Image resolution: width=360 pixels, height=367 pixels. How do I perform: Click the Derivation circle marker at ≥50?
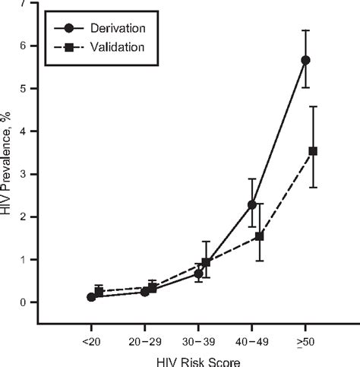pos(305,60)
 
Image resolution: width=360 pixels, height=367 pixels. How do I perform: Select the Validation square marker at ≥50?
pos(313,151)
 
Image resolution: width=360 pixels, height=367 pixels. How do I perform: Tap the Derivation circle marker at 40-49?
pos(252,204)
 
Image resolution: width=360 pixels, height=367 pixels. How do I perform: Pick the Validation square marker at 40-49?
pos(260,236)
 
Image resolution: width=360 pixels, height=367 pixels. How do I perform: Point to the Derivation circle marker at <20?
pos(91,297)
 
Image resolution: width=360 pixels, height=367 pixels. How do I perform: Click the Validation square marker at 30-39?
pos(206,263)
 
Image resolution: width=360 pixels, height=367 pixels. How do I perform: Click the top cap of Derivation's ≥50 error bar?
pos(305,30)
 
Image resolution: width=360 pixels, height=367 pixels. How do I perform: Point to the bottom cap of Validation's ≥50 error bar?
pos(313,187)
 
